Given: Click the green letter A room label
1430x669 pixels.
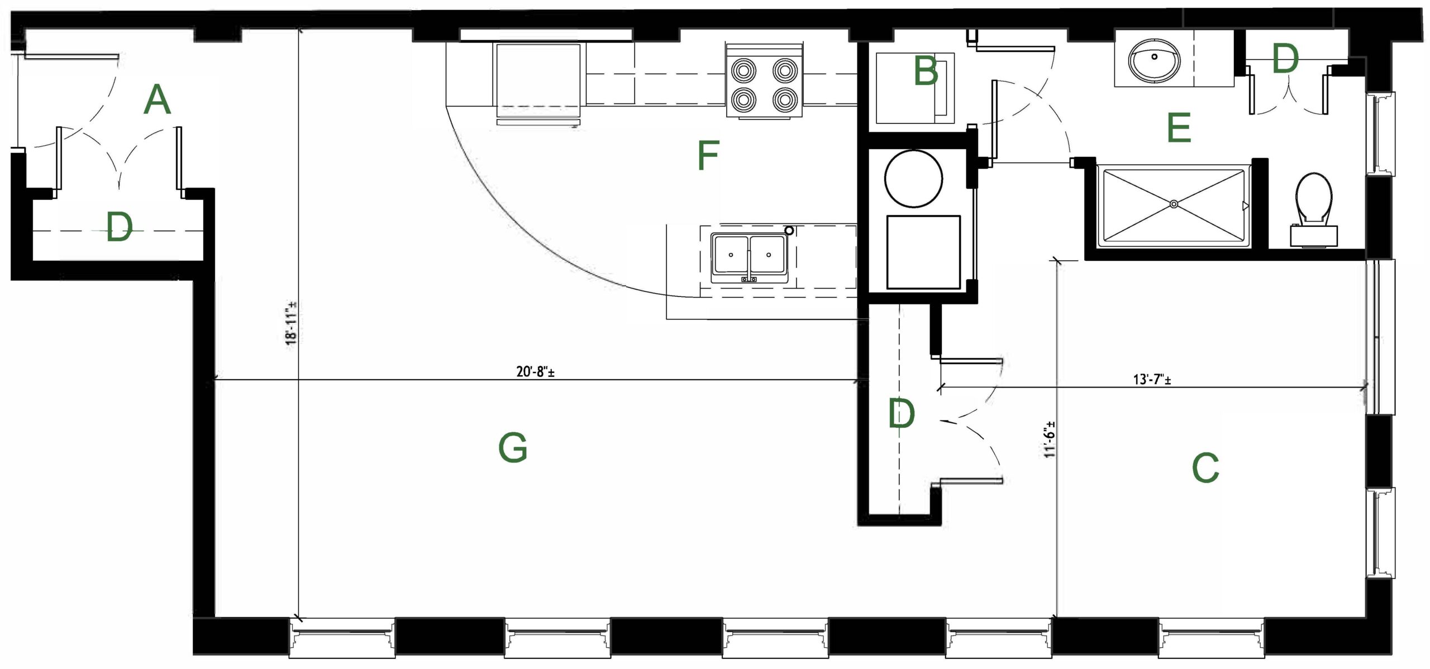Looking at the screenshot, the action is pyautogui.click(x=157, y=100).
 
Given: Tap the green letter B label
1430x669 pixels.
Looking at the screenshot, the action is pyautogui.click(x=925, y=71).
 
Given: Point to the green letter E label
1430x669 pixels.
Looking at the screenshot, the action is pyautogui.click(x=1179, y=127).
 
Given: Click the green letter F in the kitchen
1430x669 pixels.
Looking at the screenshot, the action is pyautogui.click(x=708, y=155).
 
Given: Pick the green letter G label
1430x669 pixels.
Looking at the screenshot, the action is pyautogui.click(x=513, y=448).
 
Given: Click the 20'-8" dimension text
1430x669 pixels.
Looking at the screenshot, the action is pyautogui.click(x=535, y=372).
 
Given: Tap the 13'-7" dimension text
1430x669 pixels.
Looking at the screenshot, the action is pyautogui.click(x=1152, y=380).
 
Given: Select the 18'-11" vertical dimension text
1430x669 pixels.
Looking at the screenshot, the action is pyautogui.click(x=291, y=323).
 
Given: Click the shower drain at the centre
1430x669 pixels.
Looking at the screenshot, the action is pyautogui.click(x=1174, y=205).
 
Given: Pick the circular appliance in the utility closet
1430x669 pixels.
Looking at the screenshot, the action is pyautogui.click(x=914, y=179).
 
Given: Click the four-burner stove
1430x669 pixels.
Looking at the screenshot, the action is pyautogui.click(x=765, y=79).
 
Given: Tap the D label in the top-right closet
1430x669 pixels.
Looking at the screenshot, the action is pyautogui.click(x=1285, y=59).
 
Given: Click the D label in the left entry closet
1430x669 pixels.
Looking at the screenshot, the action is pyautogui.click(x=120, y=228).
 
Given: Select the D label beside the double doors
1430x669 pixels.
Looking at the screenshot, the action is pyautogui.click(x=902, y=414).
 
